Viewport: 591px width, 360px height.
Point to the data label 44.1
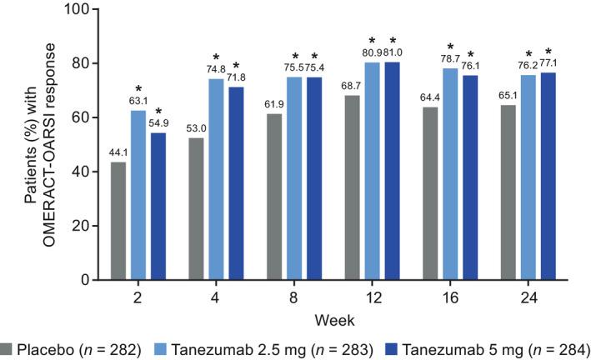point(119,153)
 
